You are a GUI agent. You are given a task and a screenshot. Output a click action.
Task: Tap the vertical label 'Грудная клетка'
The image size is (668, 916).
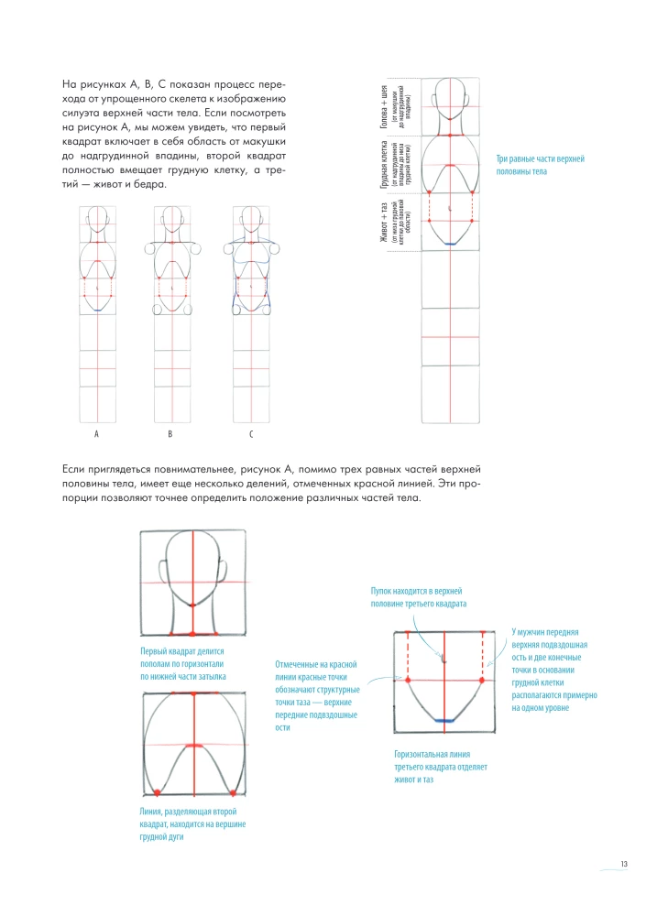pyautogui.click(x=386, y=165)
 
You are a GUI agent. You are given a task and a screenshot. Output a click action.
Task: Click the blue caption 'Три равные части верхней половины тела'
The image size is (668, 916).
pyautogui.click(x=540, y=166)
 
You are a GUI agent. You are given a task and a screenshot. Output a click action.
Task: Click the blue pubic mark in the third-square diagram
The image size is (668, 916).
pyautogui.click(x=444, y=722)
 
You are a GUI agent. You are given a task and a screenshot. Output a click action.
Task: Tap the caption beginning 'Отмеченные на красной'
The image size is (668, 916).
pyautogui.click(x=315, y=695)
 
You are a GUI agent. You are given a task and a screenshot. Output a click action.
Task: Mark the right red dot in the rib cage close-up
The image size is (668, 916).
pyautogui.click(x=234, y=791)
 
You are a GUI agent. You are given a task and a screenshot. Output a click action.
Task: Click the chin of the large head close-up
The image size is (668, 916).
pyautogui.click(x=192, y=605)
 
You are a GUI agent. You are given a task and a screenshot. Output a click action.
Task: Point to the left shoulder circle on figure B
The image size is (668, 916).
pyautogui.click(x=150, y=247)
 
